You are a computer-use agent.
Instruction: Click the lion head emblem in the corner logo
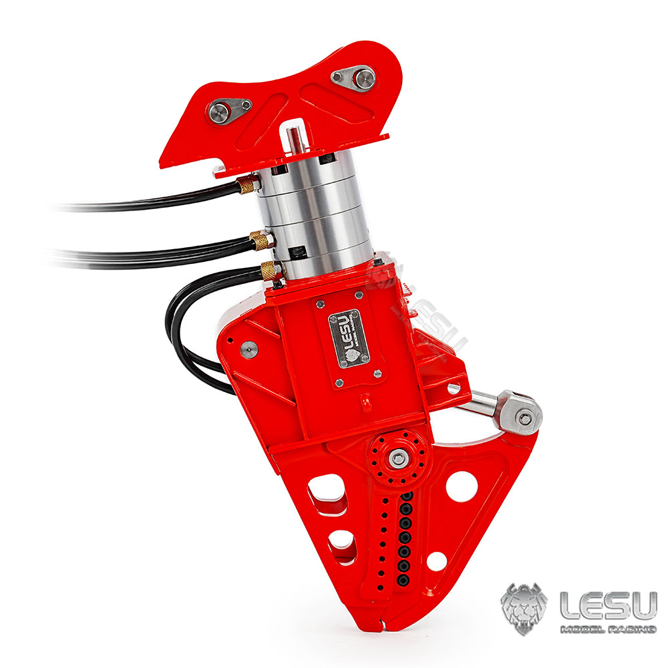[x=524, y=609]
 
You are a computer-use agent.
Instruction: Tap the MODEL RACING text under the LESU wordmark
[x=607, y=629]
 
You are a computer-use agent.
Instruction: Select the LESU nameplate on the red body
[x=349, y=338]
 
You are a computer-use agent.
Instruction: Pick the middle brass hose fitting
[x=260, y=239]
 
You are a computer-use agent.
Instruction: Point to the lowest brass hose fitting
[x=269, y=271]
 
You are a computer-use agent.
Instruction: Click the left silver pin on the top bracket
[x=219, y=112]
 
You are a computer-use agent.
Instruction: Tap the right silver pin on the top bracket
[x=363, y=79]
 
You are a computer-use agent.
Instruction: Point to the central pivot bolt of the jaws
[x=398, y=458]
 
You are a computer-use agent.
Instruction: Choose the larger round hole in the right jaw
[x=462, y=486]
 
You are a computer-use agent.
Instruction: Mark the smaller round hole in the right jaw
[x=436, y=561]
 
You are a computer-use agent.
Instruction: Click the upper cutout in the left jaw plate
[x=327, y=493]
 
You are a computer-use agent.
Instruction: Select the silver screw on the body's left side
[x=248, y=349]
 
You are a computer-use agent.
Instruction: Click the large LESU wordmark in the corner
[x=607, y=605]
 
